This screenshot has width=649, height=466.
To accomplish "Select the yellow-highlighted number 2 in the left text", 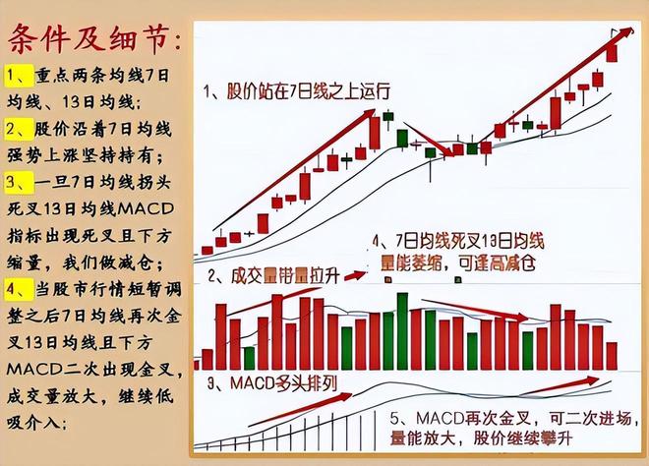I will click(x=15, y=129).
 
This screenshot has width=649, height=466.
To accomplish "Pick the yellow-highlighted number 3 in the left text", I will click(x=15, y=183).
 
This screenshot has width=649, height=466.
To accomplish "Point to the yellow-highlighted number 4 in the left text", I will click(x=15, y=289).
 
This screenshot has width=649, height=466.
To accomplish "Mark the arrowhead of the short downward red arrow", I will click(x=451, y=152).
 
